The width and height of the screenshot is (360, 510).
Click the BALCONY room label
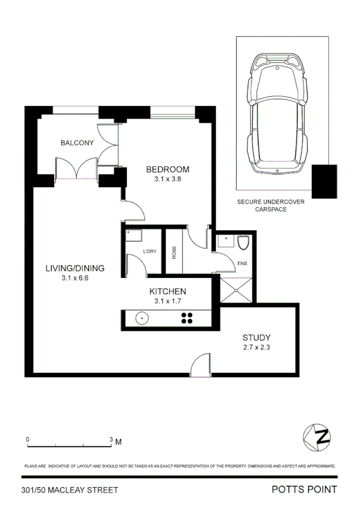coord(77,143)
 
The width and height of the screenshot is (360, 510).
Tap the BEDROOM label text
coord(168,169)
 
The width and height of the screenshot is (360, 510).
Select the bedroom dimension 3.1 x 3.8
coord(168,179)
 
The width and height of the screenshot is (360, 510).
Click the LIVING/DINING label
coord(75,268)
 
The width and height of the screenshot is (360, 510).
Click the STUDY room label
coord(257,337)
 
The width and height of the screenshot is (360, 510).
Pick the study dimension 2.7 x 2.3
coord(257,346)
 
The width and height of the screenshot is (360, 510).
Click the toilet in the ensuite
coord(243,244)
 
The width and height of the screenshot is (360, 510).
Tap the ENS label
coord(243,263)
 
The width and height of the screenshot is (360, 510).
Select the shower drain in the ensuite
coord(236,289)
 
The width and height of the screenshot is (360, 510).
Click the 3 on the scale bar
coord(111,440)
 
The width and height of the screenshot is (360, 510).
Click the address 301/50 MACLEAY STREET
coord(69,490)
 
